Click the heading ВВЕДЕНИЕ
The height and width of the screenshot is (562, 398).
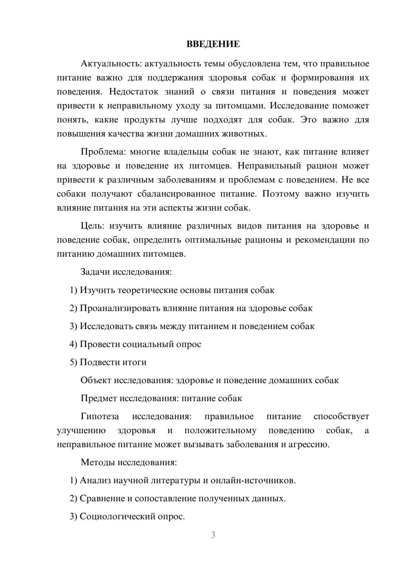tap(213, 44)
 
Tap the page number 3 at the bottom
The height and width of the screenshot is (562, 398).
tap(213, 535)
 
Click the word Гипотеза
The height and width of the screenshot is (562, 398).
tap(99, 417)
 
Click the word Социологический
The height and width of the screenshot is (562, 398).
tap(116, 517)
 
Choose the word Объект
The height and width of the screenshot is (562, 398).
tap(96, 380)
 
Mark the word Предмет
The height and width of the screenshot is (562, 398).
tap(99, 398)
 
